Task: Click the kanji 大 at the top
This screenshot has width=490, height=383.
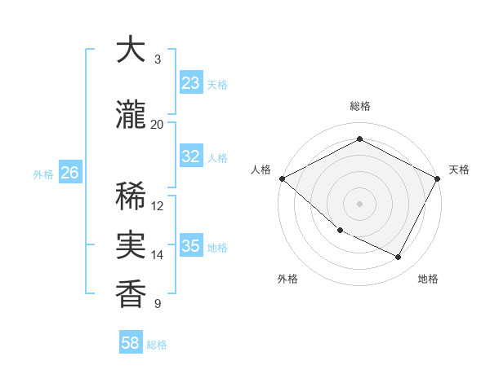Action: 131,51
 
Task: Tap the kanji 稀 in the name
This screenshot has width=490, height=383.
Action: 131,196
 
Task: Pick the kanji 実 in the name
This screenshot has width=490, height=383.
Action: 131,245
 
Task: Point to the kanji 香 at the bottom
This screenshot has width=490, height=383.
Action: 131,293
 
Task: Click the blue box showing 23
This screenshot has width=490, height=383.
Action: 190,83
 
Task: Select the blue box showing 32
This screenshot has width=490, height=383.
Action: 190,157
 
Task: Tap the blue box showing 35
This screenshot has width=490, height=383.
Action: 190,246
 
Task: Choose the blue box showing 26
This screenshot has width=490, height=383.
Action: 70,173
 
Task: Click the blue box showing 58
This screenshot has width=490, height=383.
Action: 131,344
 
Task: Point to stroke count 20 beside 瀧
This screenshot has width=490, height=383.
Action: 158,124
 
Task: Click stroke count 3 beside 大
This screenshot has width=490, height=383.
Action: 158,59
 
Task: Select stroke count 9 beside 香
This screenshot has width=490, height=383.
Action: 158,304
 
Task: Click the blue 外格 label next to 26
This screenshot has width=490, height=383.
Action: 42,174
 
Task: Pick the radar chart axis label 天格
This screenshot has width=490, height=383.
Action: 459,169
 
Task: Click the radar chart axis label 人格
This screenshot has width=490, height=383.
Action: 261,169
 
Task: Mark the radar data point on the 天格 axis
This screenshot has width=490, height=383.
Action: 439,178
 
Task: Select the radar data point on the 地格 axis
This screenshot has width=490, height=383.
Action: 399,258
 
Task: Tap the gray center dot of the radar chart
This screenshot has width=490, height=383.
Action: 359,203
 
